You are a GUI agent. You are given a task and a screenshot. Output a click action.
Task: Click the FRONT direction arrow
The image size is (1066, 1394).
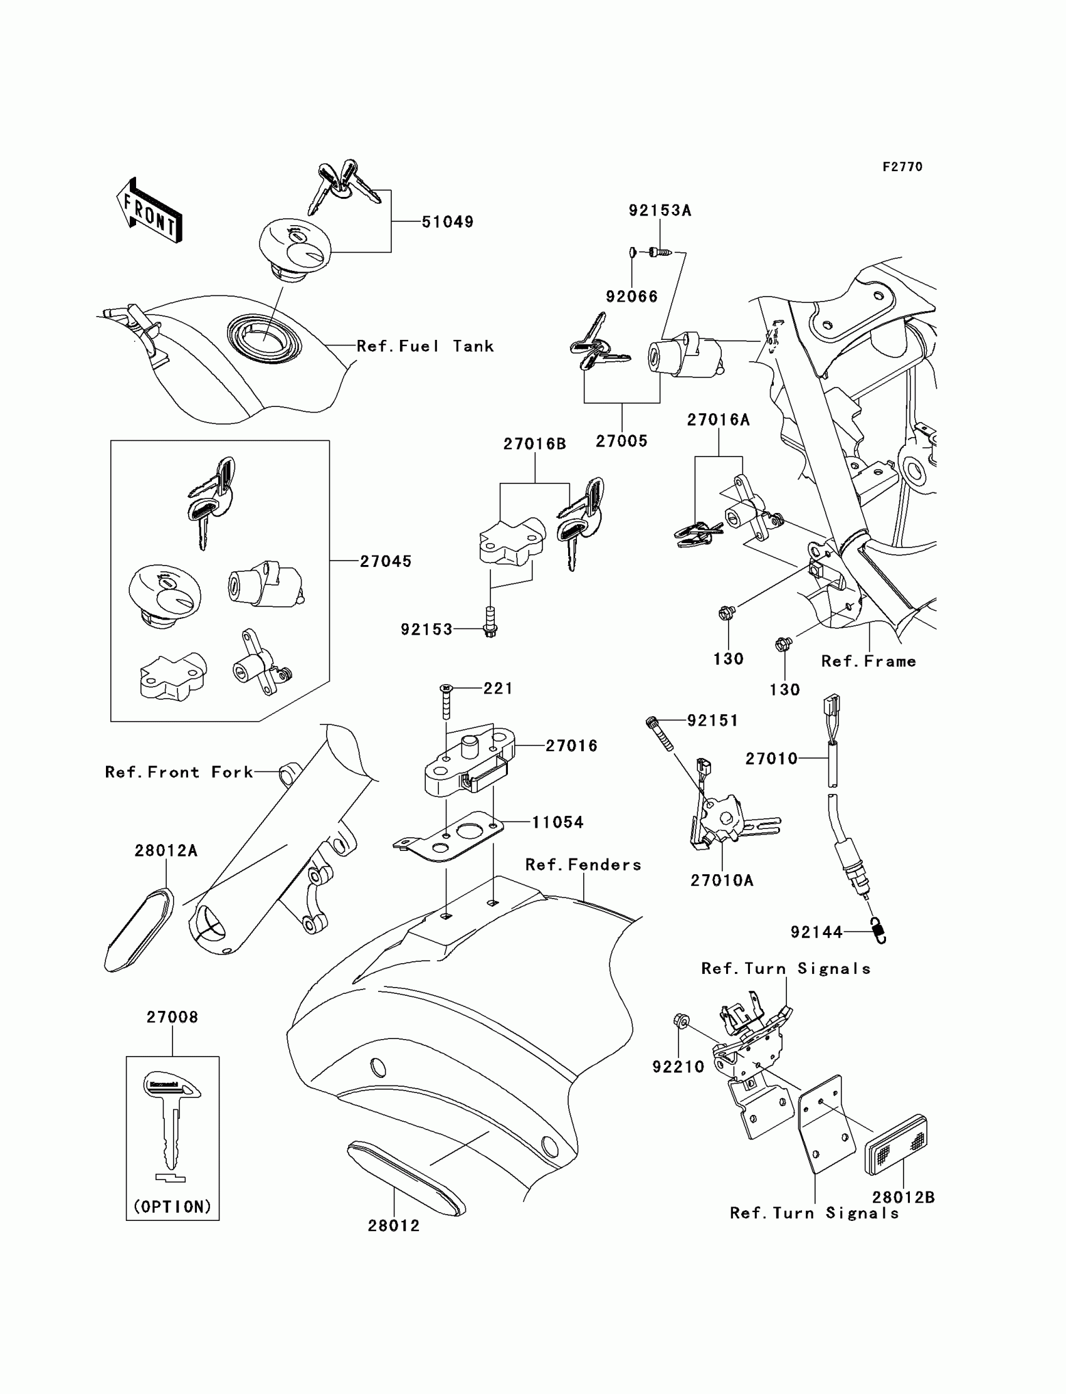click(150, 211)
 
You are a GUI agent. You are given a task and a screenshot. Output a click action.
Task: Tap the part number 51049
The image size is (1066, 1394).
click(447, 222)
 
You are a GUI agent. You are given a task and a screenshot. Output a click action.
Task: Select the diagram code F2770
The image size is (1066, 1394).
click(902, 167)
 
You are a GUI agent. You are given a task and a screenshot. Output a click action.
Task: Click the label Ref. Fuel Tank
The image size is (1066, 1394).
click(425, 346)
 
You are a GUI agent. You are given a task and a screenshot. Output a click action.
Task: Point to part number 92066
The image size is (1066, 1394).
click(631, 297)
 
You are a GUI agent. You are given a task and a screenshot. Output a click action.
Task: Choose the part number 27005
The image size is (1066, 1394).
click(621, 441)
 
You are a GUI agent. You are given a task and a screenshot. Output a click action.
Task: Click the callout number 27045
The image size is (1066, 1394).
click(386, 561)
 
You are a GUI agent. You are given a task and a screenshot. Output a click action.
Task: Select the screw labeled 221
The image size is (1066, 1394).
click(446, 702)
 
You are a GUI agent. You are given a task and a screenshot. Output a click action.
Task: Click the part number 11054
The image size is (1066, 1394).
click(557, 822)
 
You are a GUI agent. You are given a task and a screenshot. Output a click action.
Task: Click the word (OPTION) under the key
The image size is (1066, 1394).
click(172, 1207)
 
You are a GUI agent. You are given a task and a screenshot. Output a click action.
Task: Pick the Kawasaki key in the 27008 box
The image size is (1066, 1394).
click(172, 1118)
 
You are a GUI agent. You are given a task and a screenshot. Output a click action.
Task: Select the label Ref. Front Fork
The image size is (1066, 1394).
click(179, 772)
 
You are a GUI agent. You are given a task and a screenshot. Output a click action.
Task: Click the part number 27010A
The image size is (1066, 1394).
click(722, 880)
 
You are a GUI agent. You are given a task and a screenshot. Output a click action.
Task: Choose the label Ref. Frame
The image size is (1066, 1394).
click(868, 662)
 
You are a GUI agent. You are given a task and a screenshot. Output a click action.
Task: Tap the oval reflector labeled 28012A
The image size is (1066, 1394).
click(139, 930)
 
